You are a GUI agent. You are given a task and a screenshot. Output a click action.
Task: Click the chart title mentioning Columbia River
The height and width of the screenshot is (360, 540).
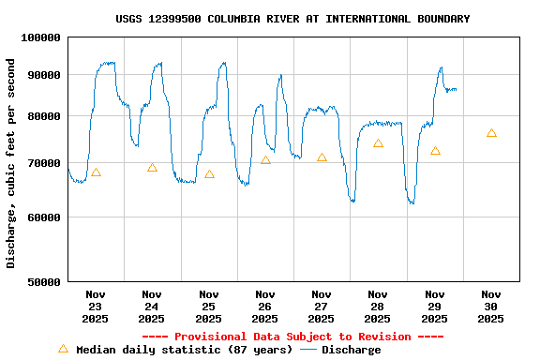292,19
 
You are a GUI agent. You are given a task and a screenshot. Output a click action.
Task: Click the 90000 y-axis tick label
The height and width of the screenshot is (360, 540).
43,75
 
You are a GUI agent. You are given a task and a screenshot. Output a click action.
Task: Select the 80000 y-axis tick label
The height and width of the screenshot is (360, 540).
43,116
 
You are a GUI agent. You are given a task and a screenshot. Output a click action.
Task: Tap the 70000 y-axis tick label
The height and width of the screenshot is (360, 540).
43,163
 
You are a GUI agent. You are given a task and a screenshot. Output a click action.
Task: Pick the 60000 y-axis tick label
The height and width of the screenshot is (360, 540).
43,217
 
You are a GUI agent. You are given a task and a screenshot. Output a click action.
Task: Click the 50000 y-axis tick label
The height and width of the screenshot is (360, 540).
43,281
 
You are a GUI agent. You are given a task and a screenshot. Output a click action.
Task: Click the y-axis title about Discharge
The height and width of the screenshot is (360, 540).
11,163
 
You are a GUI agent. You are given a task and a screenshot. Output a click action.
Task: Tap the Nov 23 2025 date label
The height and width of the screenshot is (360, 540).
96,307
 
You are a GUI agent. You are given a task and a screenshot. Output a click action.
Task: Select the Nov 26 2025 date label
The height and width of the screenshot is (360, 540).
265,307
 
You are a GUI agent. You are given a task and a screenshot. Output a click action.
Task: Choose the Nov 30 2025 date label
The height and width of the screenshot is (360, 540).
491,307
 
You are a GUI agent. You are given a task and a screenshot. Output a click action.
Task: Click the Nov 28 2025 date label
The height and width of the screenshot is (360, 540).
378,307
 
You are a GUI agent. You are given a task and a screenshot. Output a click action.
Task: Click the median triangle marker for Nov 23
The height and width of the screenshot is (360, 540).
96,172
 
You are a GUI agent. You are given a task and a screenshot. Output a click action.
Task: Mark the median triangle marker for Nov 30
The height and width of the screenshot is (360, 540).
491,133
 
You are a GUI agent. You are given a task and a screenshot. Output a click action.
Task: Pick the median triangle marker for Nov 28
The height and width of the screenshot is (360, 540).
378,143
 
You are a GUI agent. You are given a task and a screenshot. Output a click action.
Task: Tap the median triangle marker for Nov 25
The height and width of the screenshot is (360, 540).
209,173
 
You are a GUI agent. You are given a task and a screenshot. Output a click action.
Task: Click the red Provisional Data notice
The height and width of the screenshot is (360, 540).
292,337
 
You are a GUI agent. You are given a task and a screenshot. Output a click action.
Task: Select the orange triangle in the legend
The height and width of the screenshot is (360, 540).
64,349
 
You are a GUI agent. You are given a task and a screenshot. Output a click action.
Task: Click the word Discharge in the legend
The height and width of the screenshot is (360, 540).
352,350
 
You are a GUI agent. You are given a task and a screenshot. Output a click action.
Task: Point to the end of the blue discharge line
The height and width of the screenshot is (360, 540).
457,89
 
